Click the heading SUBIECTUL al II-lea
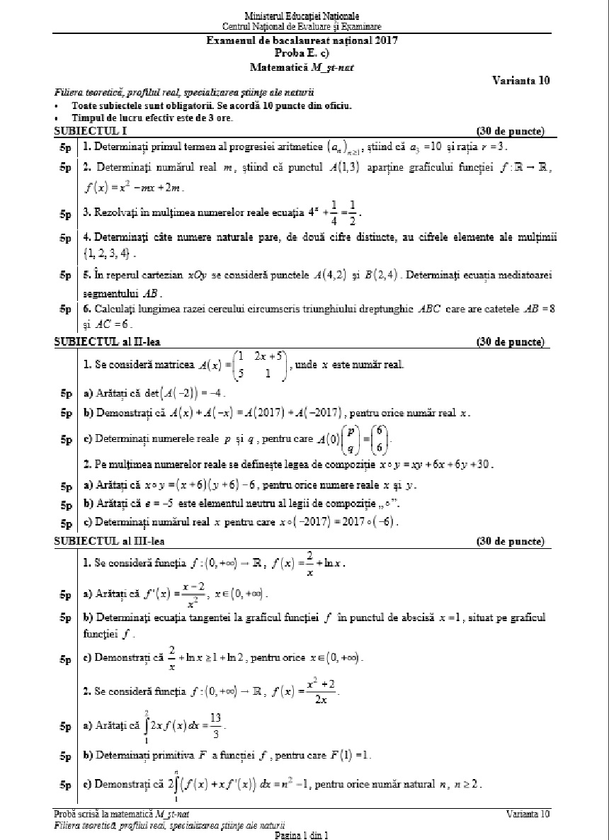[x=107, y=342]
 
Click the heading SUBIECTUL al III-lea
[x=109, y=541]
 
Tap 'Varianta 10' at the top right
[x=520, y=81]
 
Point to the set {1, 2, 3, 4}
[x=106, y=253]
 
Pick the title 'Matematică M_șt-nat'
[x=301, y=67]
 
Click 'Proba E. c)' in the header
[x=301, y=53]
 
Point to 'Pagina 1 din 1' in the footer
[x=302, y=836]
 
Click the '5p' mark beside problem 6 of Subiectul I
[x=66, y=310]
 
